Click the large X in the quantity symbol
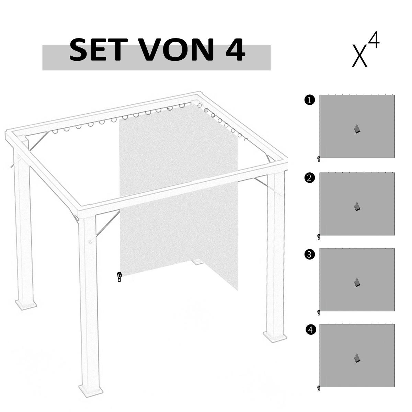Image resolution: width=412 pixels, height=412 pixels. click(x=360, y=56)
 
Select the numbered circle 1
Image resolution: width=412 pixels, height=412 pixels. click(x=309, y=100)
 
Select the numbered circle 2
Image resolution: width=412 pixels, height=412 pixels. click(x=309, y=178)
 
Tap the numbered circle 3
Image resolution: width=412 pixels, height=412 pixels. click(x=309, y=254)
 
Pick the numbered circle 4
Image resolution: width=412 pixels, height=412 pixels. click(x=310, y=330)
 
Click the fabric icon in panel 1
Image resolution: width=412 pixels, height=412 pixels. click(x=357, y=129)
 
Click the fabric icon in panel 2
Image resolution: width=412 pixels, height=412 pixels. click(x=357, y=206)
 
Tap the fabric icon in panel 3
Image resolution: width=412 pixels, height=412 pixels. click(x=357, y=282)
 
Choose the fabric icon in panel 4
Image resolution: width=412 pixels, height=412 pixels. click(x=357, y=358)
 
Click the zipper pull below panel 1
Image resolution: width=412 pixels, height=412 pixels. click(x=319, y=159)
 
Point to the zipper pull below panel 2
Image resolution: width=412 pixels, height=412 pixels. click(x=319, y=236)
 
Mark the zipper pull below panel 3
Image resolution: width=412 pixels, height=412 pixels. click(x=319, y=312)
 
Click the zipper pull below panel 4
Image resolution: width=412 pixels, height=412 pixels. click(x=319, y=388)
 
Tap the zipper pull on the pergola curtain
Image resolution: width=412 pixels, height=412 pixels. click(x=119, y=277)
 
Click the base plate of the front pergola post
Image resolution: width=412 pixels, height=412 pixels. click(x=90, y=389)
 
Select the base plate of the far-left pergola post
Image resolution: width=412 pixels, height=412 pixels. click(x=26, y=304)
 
